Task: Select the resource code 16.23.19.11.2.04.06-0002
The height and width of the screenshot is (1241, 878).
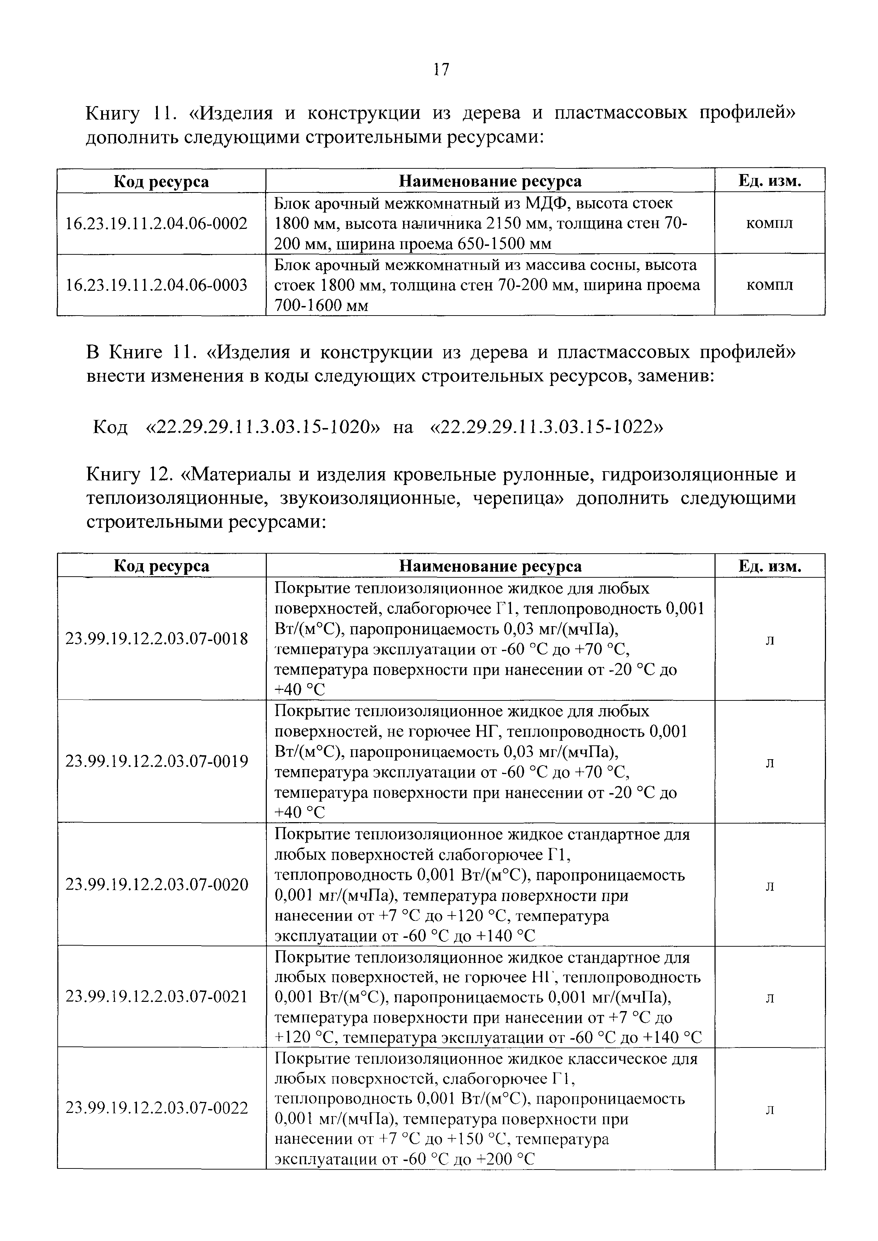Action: point(156,223)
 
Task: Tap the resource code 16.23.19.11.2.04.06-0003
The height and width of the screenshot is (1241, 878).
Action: point(156,285)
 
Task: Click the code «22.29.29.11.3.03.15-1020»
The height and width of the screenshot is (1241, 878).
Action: point(263,427)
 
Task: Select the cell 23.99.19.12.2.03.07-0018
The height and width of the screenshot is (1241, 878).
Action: point(156,639)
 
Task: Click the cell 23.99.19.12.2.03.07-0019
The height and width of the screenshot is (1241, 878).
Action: point(156,762)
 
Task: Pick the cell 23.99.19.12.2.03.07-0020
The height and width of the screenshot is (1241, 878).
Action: point(156,885)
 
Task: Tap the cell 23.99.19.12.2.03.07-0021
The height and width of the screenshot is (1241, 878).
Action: point(156,996)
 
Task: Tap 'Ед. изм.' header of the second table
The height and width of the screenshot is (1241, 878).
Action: point(769,566)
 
